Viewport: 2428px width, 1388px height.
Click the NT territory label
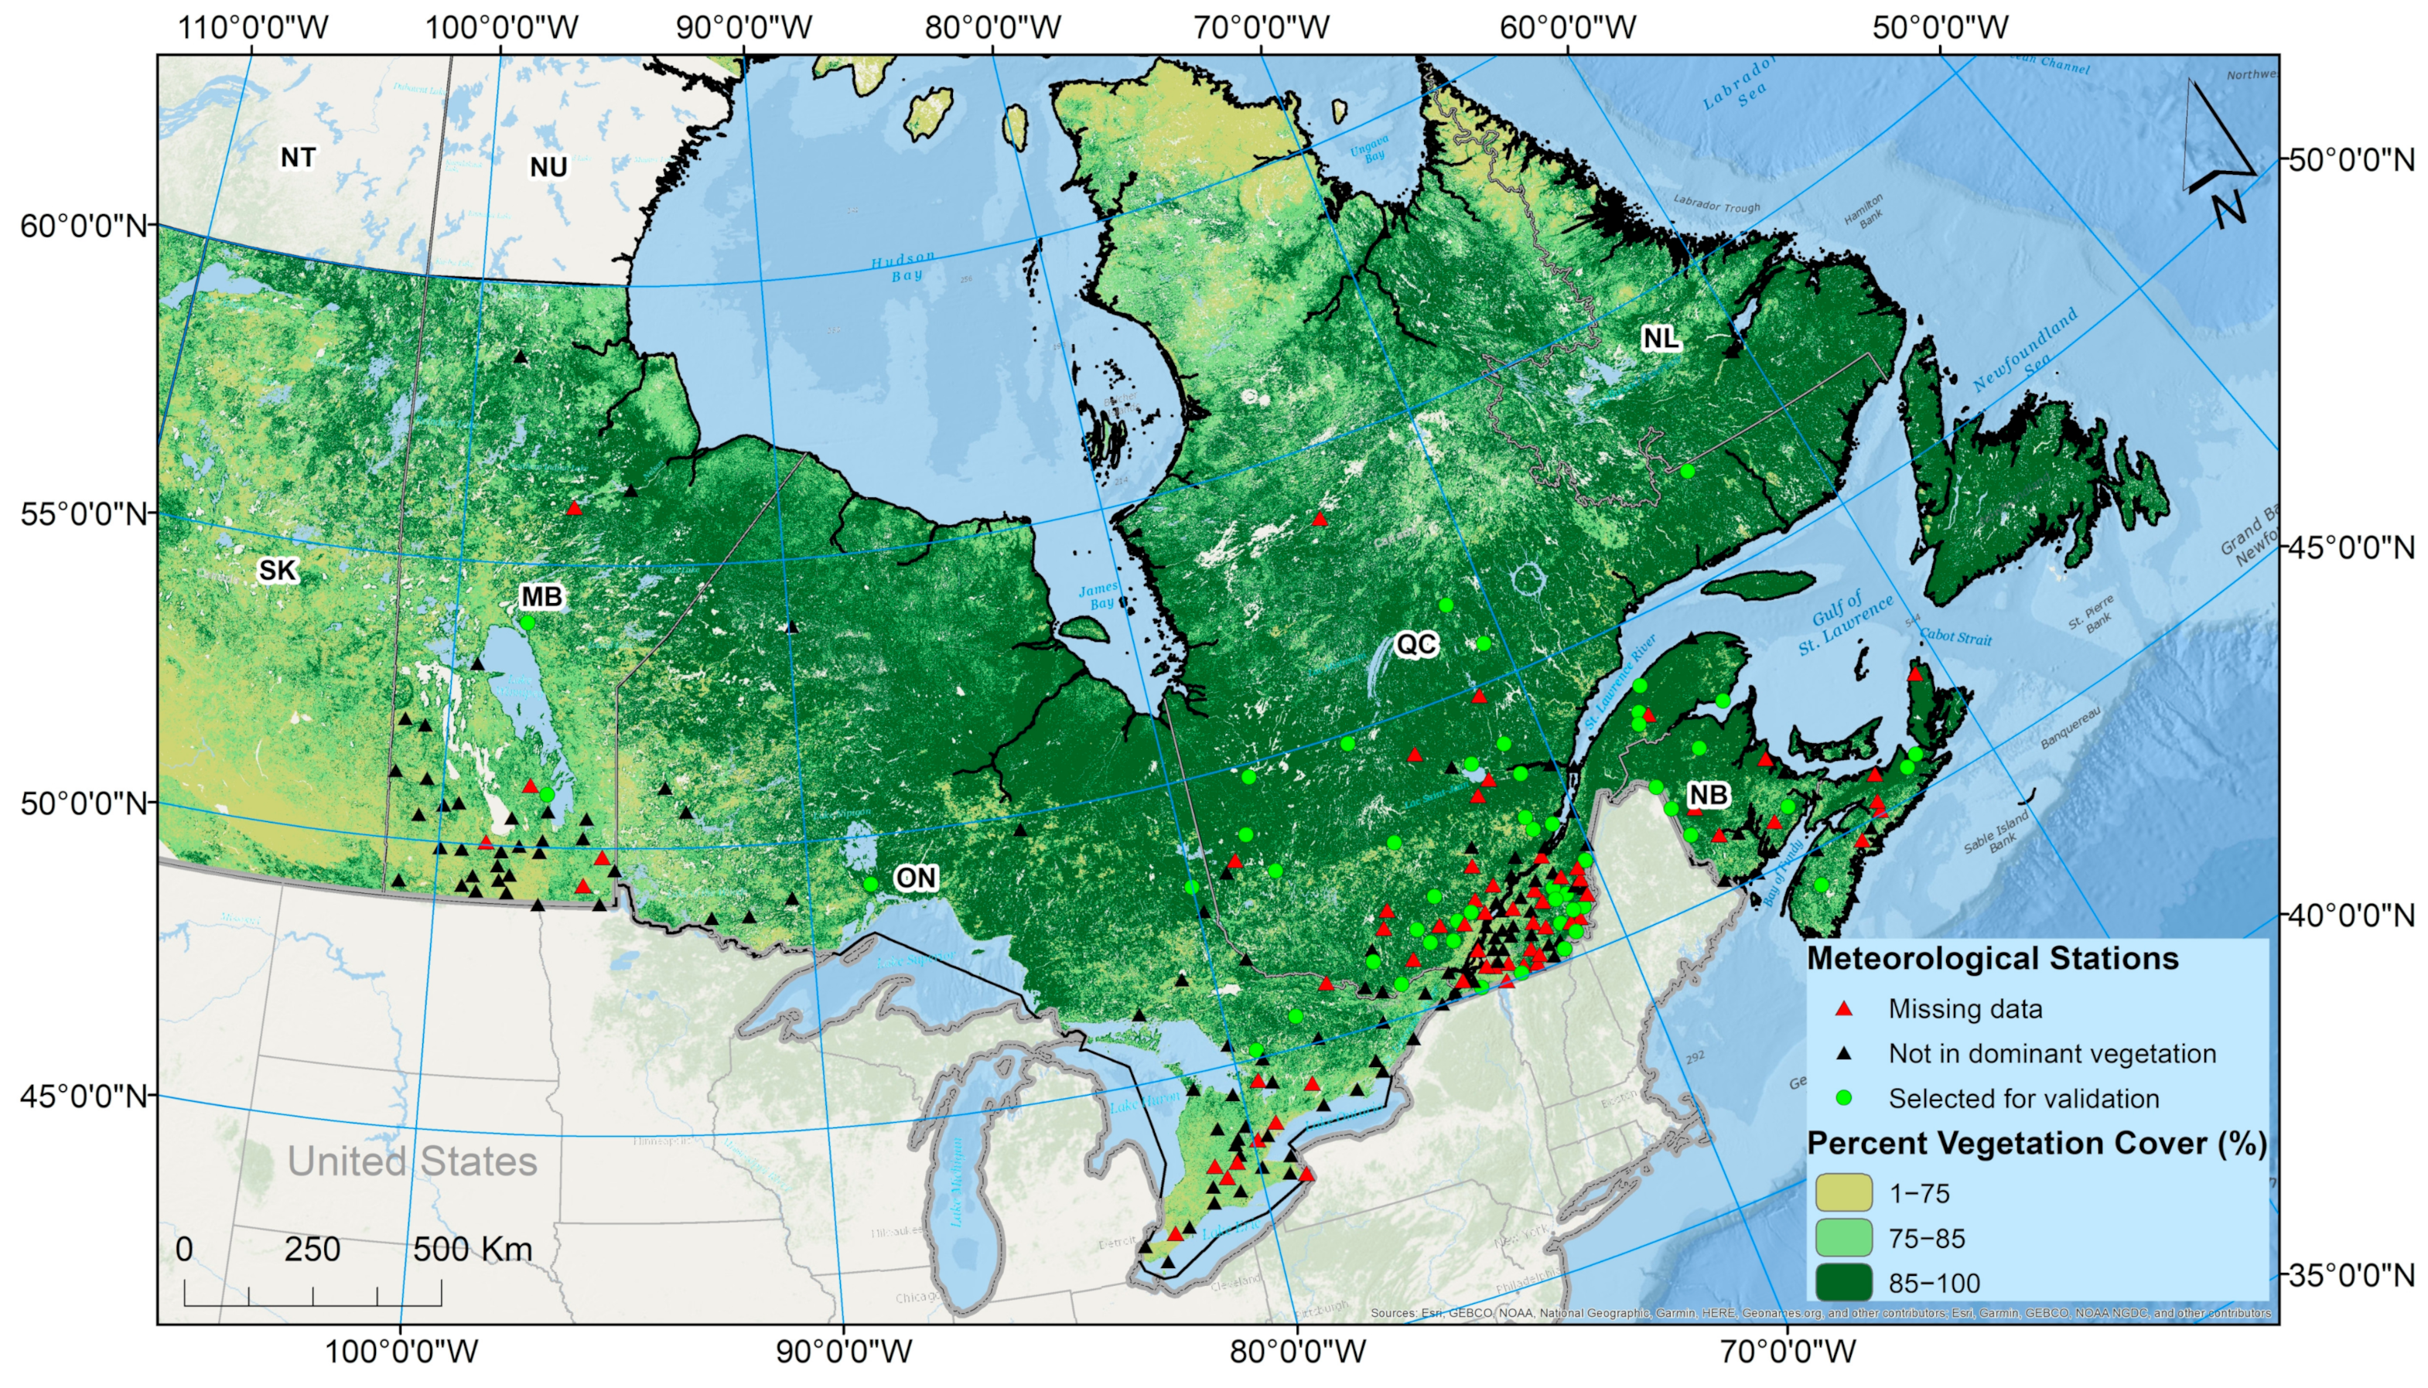coord(298,157)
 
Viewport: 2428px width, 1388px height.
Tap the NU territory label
coord(548,167)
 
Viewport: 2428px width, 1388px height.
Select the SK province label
coord(278,570)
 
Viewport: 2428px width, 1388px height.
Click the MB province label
coord(541,597)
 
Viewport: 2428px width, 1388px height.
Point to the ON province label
coord(915,877)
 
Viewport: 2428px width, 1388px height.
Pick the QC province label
coord(1415,644)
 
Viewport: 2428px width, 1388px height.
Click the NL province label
coord(1661,337)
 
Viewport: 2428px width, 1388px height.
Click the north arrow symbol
coord(2220,152)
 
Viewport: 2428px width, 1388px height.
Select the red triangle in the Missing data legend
coord(1844,1008)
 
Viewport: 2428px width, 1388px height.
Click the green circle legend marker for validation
coord(1844,1098)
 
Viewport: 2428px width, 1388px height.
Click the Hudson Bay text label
coord(903,267)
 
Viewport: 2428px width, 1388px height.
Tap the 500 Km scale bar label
coord(472,1249)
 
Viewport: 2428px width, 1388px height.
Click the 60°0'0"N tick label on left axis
coord(84,226)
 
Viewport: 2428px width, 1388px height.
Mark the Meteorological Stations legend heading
coord(1993,958)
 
